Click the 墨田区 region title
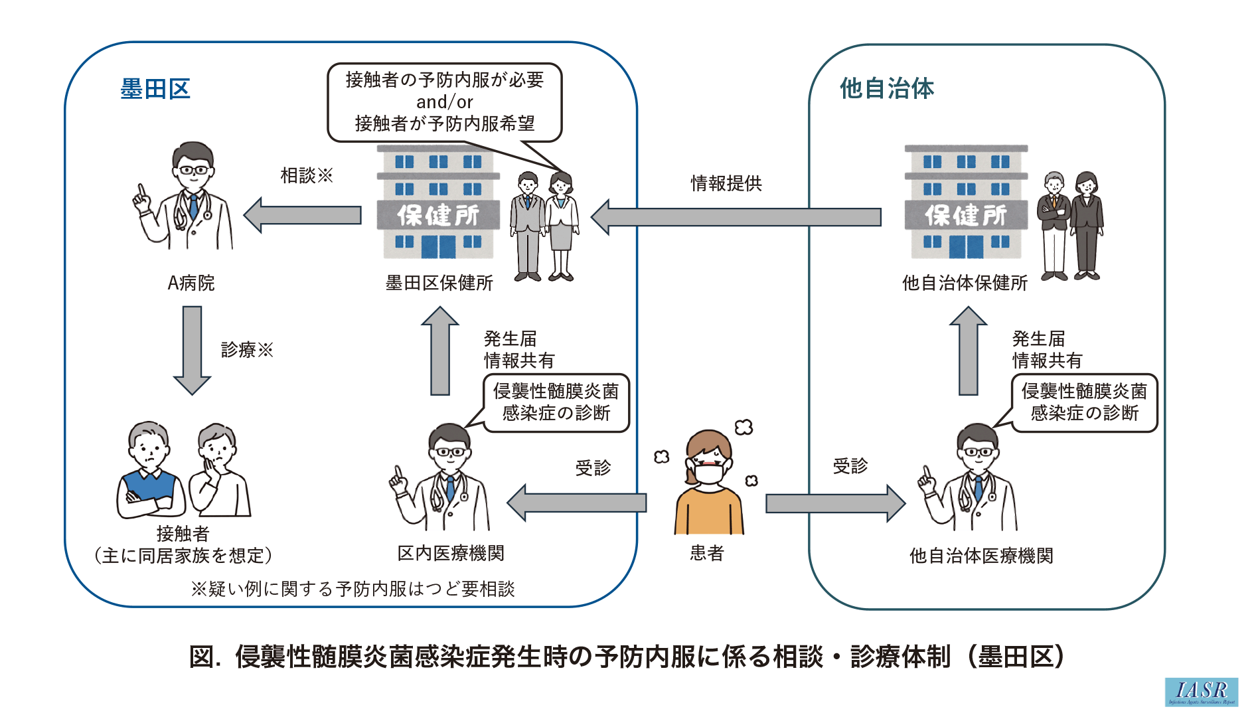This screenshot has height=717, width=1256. click(155, 89)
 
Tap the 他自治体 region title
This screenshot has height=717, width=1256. click(887, 88)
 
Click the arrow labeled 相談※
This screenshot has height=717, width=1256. click(303, 215)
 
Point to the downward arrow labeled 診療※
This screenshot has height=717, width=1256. click(192, 349)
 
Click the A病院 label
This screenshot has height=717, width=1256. click(191, 283)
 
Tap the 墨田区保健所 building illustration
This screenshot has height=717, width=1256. click(438, 202)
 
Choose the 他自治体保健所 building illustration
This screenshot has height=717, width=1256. click(966, 202)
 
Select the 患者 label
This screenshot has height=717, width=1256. click(707, 553)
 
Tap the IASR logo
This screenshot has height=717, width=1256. click(1201, 692)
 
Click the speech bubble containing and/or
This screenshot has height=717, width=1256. click(445, 102)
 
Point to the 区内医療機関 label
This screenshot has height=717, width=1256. click(451, 553)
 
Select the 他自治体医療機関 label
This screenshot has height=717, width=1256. click(981, 556)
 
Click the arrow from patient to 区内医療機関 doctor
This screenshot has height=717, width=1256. click(577, 503)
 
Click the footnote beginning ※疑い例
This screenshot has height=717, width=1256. click(353, 589)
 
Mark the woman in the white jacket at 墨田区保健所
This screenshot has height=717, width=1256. click(562, 226)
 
